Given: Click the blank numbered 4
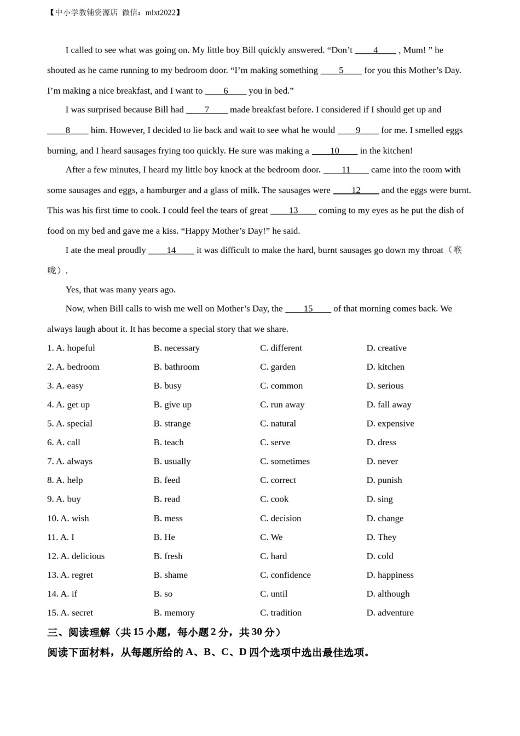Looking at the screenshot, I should (x=375, y=50).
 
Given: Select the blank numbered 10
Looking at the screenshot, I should (x=334, y=151).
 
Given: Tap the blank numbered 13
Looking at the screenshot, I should (x=293, y=211).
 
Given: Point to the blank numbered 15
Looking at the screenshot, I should (x=308, y=309).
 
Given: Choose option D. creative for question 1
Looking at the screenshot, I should (x=386, y=348).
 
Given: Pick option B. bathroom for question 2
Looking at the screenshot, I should (x=176, y=367).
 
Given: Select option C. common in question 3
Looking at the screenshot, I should (x=281, y=386).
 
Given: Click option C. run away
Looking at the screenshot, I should (x=282, y=405).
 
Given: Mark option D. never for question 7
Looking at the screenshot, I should (x=382, y=462).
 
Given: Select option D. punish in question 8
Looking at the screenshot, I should (x=384, y=480).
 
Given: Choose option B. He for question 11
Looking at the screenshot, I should (x=164, y=537).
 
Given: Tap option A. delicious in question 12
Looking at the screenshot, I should (x=82, y=556).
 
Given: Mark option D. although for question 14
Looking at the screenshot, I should (x=388, y=594).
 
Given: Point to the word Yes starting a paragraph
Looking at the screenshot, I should (x=73, y=290).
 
